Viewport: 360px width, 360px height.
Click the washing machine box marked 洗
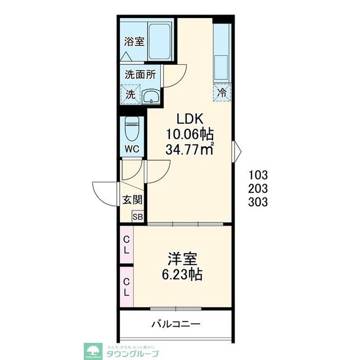coord(130,94)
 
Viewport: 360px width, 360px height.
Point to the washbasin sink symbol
coord(151,96)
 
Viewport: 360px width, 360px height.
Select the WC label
coord(132,149)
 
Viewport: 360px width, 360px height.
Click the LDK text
coord(190,119)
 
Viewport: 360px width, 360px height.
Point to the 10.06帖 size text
coord(190,134)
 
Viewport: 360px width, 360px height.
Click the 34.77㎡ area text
coord(190,150)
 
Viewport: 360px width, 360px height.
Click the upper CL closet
coord(127,245)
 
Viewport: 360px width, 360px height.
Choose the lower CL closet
coord(127,287)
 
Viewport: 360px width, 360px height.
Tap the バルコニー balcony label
coord(176,325)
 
